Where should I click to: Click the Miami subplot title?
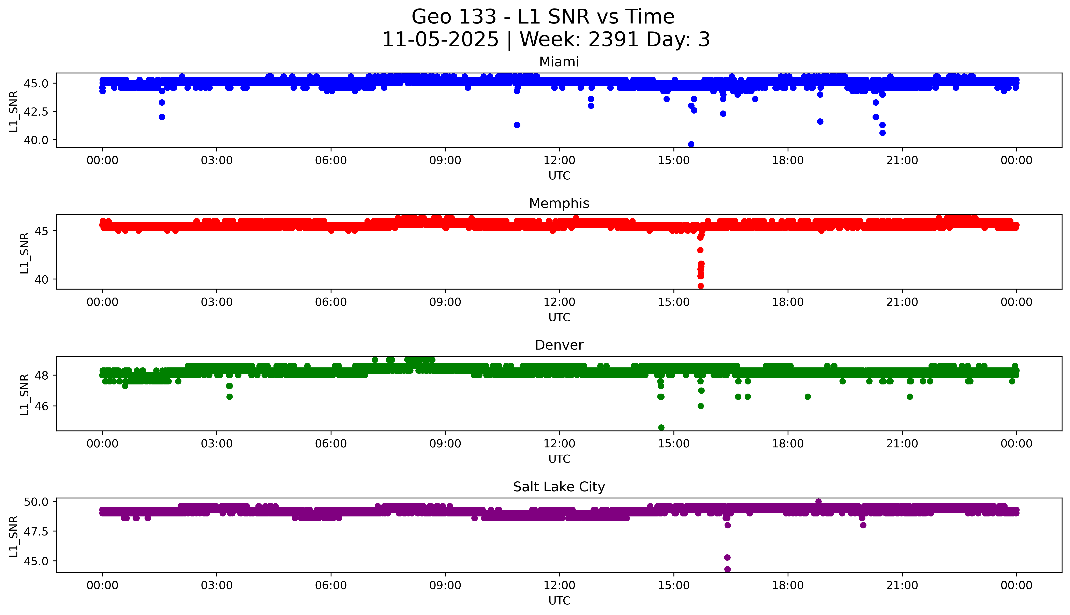point(559,62)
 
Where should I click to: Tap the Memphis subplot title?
point(559,204)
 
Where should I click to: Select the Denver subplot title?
point(559,345)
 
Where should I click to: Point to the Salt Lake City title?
point(559,487)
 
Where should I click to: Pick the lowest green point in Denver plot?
point(661,427)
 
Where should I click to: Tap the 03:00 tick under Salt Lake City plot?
point(217,585)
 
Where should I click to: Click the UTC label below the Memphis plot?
point(559,317)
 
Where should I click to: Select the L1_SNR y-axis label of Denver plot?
point(25,394)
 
